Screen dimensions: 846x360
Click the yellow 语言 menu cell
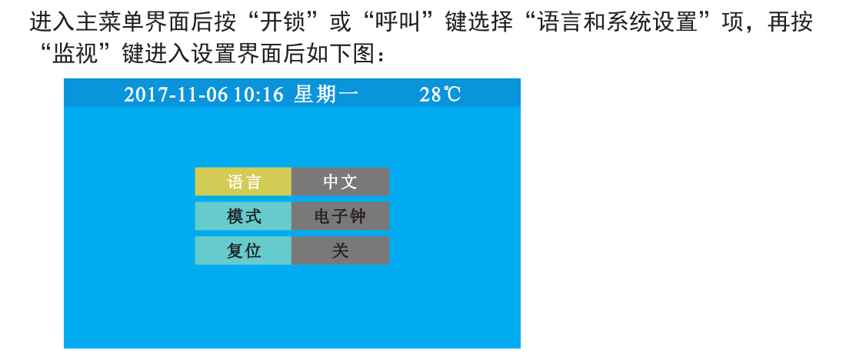pyautogui.click(x=243, y=182)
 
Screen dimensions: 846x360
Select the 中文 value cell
pyautogui.click(x=341, y=182)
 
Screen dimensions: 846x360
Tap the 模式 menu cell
pyautogui.click(x=243, y=216)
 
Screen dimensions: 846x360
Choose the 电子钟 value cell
pyautogui.click(x=341, y=216)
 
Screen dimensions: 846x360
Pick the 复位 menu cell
pyautogui.click(x=243, y=251)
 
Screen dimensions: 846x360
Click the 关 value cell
pyautogui.click(x=341, y=251)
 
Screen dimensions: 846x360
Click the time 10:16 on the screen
pyautogui.click(x=258, y=95)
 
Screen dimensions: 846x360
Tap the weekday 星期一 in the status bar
pyautogui.click(x=326, y=95)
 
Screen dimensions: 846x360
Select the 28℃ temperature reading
pyautogui.click(x=440, y=95)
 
